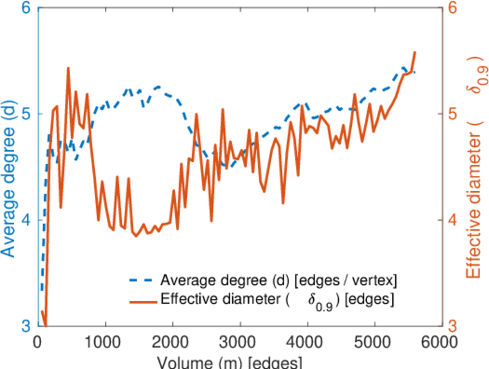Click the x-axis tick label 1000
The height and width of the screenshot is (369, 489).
pyautogui.click(x=105, y=340)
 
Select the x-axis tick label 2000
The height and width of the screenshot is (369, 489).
pyautogui.click(x=172, y=340)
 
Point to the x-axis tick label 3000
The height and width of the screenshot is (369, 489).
pyautogui.click(x=239, y=340)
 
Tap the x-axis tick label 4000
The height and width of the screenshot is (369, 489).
pyautogui.click(x=306, y=340)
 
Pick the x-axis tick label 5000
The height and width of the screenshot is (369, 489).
pyautogui.click(x=373, y=340)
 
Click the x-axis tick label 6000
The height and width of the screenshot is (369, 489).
pyautogui.click(x=440, y=340)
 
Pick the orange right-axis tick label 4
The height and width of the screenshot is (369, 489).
pyautogui.click(x=452, y=220)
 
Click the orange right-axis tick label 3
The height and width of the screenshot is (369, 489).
pyautogui.click(x=452, y=325)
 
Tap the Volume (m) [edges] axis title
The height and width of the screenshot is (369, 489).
pyautogui.click(x=229, y=361)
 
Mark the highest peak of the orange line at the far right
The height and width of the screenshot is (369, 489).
pyautogui.click(x=415, y=52)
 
